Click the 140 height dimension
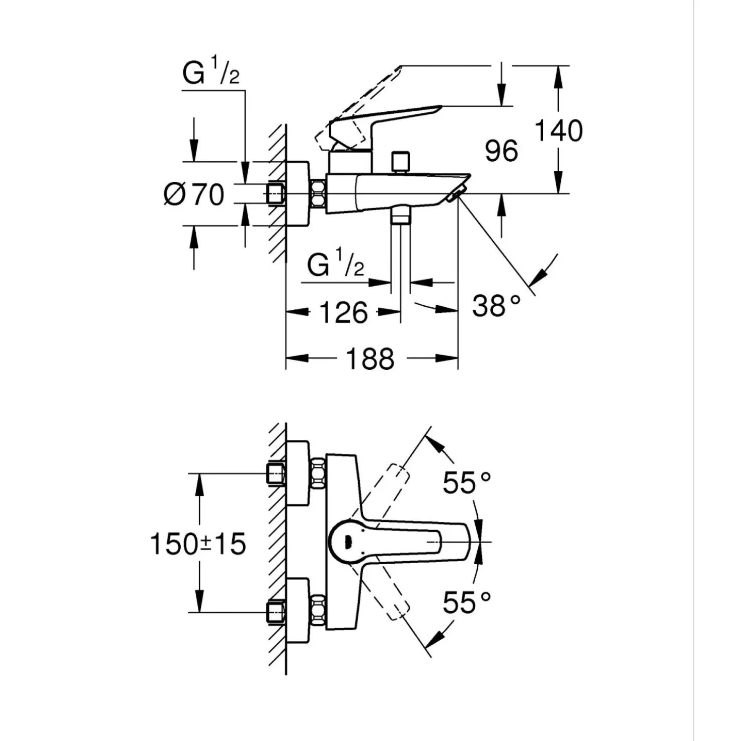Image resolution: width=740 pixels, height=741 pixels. click(559, 131)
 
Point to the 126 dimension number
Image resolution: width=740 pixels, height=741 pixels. click(344, 312)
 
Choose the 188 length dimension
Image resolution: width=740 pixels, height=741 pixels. click(370, 358)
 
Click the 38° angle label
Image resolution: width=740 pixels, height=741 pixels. click(496, 306)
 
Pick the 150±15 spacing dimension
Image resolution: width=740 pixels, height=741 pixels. click(198, 544)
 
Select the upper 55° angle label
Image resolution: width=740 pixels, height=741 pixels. click(467, 483)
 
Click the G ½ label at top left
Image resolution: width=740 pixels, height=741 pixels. click(211, 71)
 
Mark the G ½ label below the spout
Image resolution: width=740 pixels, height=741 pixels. click(336, 263)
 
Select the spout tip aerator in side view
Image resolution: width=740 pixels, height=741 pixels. click(456, 194)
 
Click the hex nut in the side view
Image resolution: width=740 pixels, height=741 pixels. click(318, 194)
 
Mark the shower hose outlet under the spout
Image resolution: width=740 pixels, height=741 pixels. click(401, 217)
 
